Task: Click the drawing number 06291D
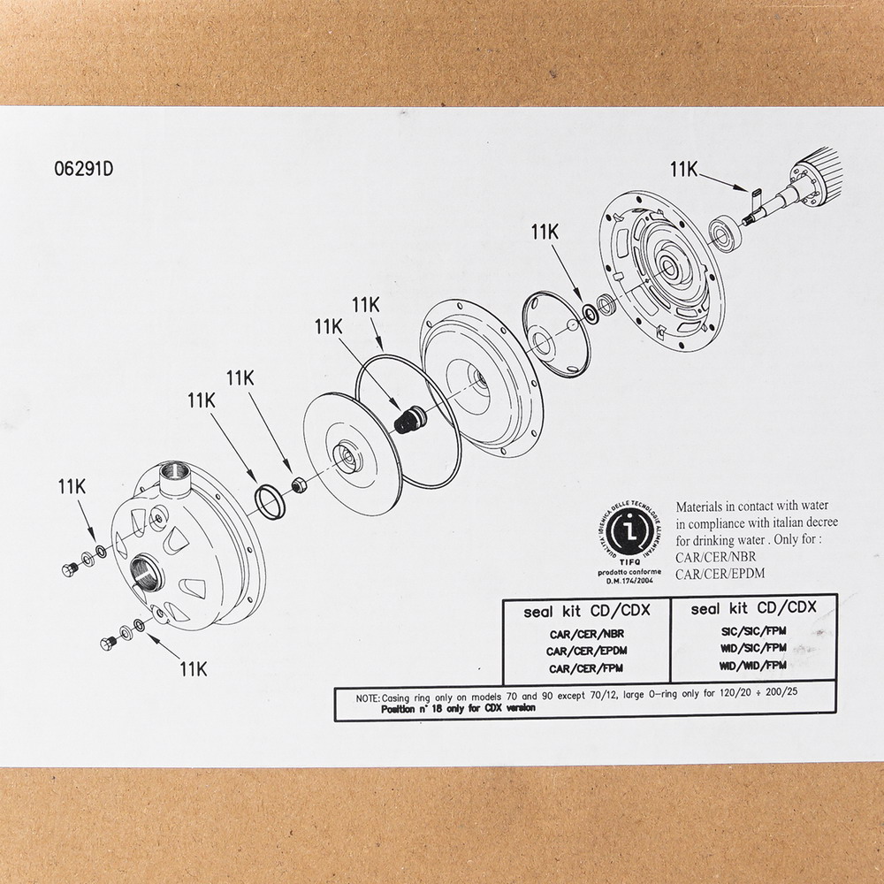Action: [x=84, y=171]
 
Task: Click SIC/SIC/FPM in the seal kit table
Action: [x=752, y=631]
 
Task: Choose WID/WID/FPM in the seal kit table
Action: [x=752, y=665]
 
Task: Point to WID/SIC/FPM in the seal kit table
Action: [x=752, y=648]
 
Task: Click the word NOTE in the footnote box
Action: [x=368, y=697]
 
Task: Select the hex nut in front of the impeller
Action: [x=299, y=484]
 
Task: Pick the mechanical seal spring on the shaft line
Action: [x=407, y=419]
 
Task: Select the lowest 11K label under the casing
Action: [x=193, y=668]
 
